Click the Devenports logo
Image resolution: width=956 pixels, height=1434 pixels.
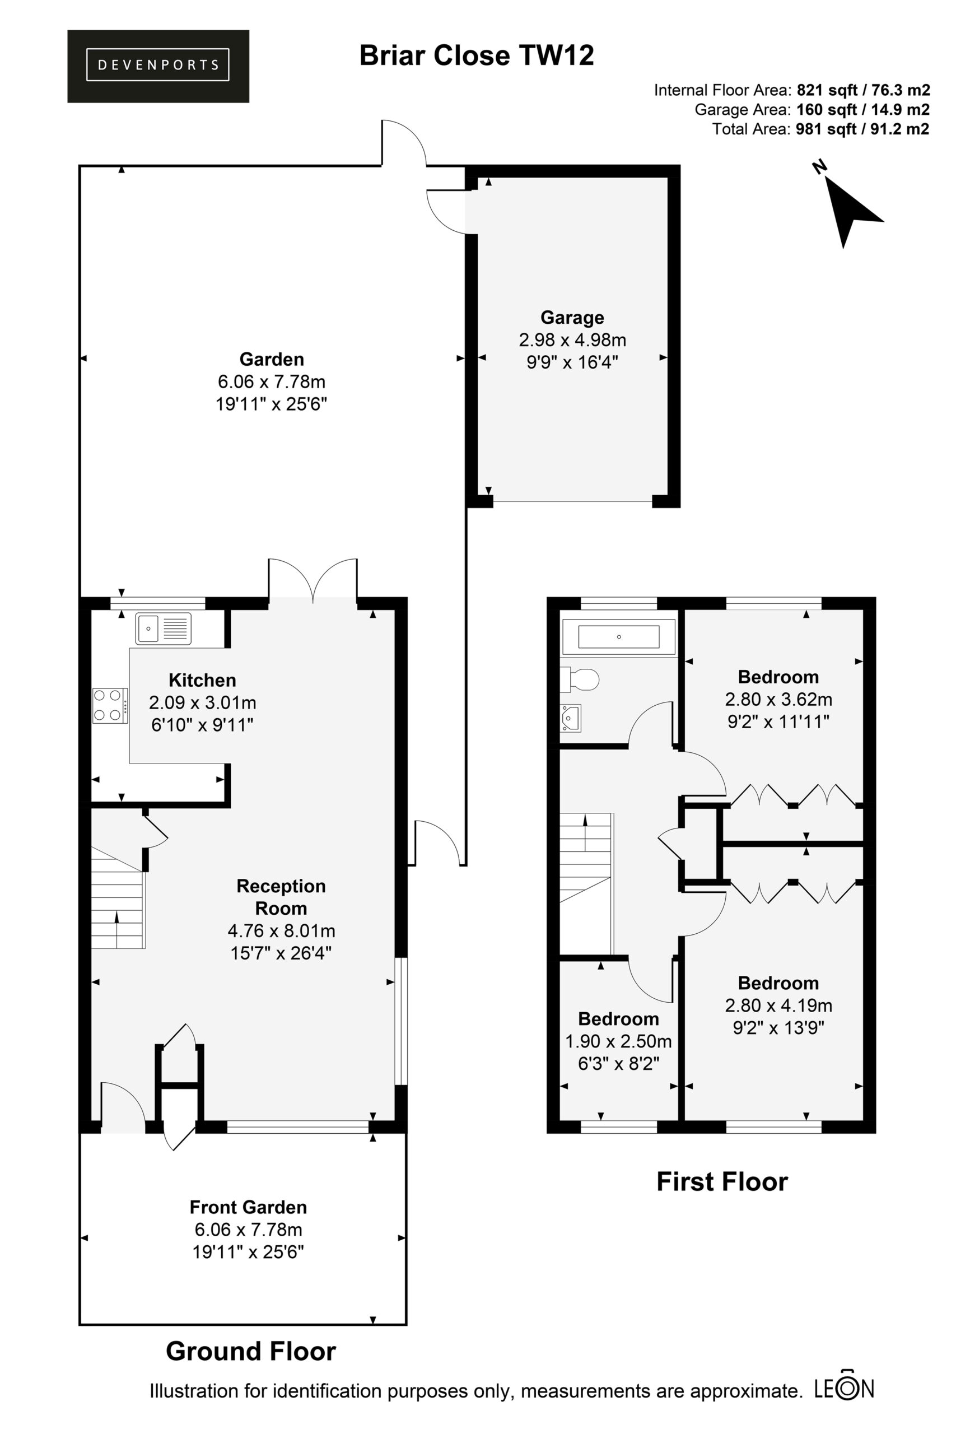point(158,66)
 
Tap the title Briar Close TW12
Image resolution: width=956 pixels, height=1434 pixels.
point(476,55)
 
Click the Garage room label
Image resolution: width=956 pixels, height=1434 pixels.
point(572,318)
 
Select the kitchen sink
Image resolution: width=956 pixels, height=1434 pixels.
point(164,628)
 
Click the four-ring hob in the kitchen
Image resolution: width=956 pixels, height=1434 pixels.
point(110,705)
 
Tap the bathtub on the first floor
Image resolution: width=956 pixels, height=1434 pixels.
point(618,637)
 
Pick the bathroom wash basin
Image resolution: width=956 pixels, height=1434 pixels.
point(571,718)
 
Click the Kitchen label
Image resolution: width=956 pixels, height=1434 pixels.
point(202,680)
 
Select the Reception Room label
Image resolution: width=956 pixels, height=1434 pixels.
point(281,897)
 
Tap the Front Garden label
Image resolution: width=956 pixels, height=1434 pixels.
point(248,1207)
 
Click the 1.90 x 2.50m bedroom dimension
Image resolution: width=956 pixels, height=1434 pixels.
point(618,1041)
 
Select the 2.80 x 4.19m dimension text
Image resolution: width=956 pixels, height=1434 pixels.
point(778,1005)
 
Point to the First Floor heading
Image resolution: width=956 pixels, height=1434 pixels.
point(722,1181)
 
